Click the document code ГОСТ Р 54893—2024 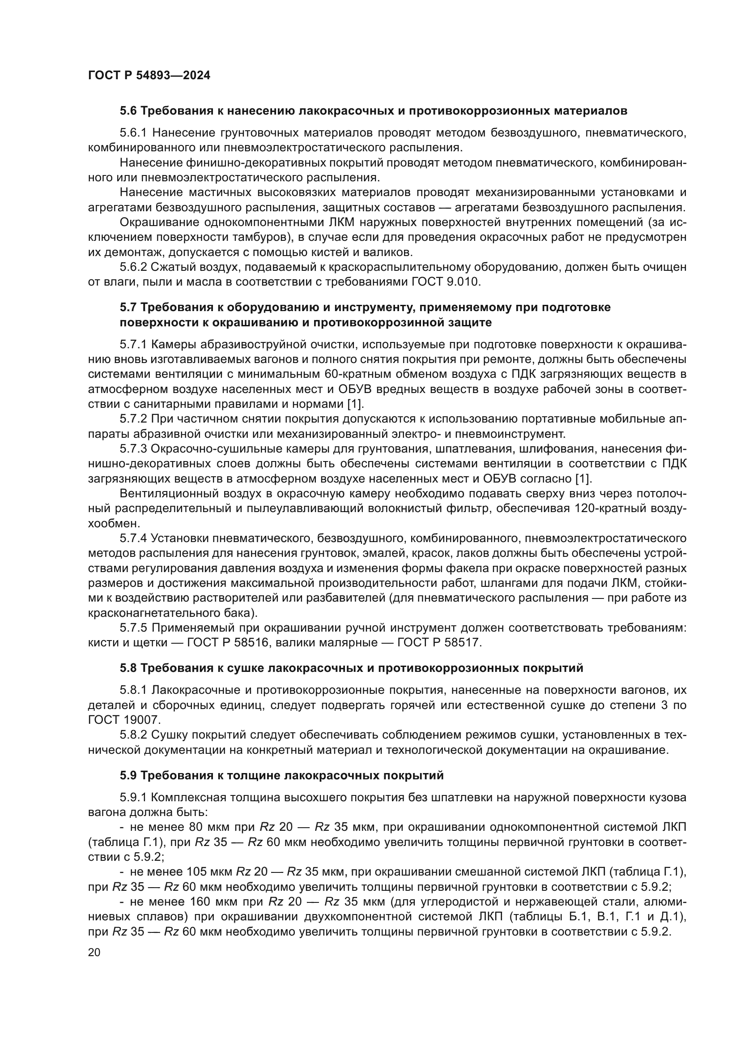149,76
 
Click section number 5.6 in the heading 128,111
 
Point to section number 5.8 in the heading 128,668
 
